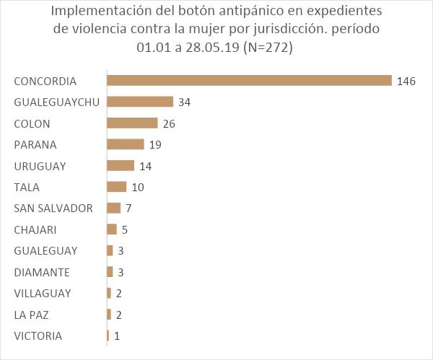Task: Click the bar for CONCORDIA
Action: point(249,81)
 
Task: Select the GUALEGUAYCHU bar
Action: point(140,102)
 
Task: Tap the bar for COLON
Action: point(132,123)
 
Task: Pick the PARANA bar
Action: point(126,144)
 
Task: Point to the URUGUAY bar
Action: point(121,166)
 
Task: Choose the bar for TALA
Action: point(116,187)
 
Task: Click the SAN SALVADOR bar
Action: point(113,208)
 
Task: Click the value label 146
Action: point(406,81)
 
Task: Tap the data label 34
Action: point(184,102)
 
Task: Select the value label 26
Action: point(169,123)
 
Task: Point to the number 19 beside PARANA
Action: point(154,144)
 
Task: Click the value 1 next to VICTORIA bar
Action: point(116,335)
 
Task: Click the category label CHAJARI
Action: point(35,229)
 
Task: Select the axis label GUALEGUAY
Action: point(45,250)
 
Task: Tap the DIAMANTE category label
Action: point(42,272)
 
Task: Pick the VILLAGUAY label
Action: point(43,293)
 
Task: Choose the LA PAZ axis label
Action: point(31,315)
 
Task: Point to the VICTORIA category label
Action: point(38,335)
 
